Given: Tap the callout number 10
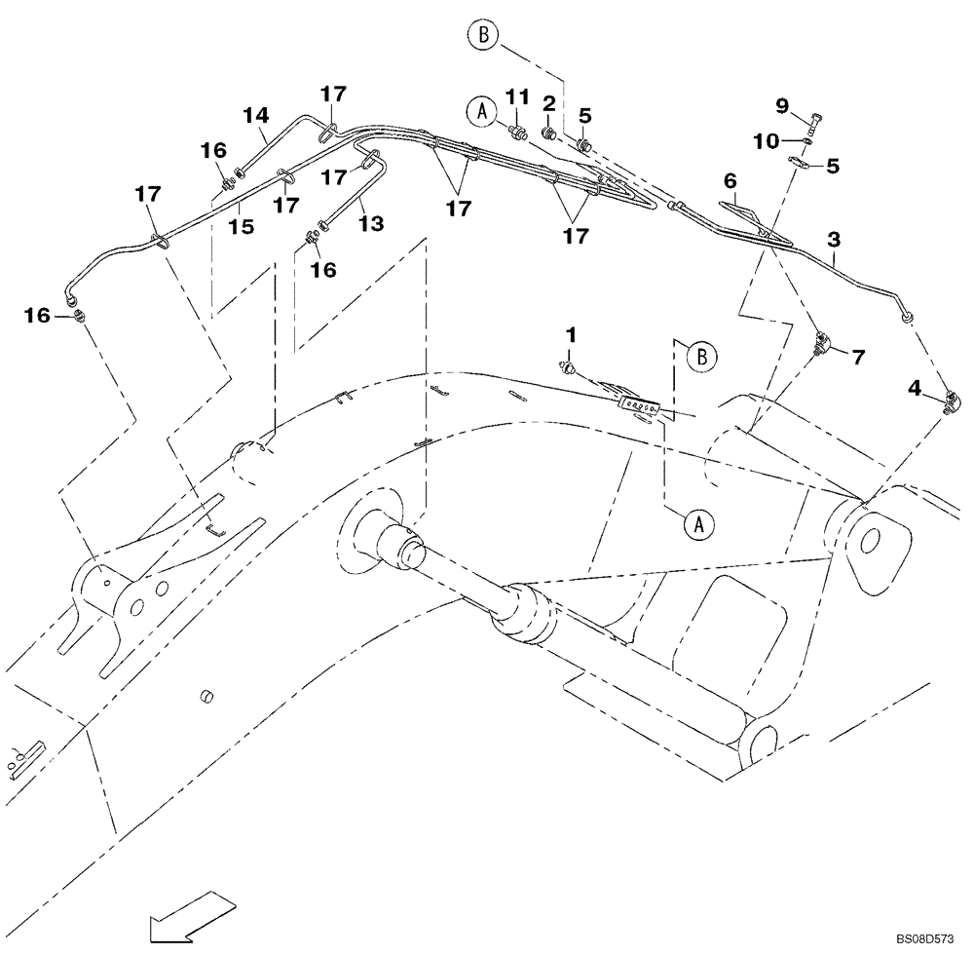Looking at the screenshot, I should (765, 141).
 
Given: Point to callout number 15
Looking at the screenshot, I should (242, 226).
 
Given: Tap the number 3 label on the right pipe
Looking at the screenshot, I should (834, 237).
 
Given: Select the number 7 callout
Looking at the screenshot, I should (858, 358).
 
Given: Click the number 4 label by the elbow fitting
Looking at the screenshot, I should (915, 388).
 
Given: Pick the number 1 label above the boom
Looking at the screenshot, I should (572, 334).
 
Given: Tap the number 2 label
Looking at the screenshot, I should (549, 102).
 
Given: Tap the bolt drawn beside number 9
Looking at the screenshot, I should (814, 121).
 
